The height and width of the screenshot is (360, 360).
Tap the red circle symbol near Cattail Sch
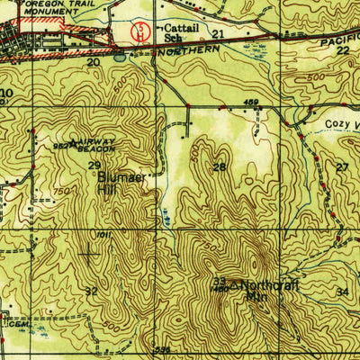(139, 32)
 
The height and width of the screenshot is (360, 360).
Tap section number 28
(219, 167)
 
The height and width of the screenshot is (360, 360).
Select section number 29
(94, 166)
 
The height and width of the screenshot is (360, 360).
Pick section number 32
(91, 291)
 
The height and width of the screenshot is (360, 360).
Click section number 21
(218, 33)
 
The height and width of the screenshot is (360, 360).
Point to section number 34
(341, 292)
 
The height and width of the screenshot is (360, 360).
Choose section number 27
(342, 167)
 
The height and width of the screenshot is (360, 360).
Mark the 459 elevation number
(251, 103)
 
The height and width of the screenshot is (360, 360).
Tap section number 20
(94, 63)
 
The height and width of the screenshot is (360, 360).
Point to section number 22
(342, 51)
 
